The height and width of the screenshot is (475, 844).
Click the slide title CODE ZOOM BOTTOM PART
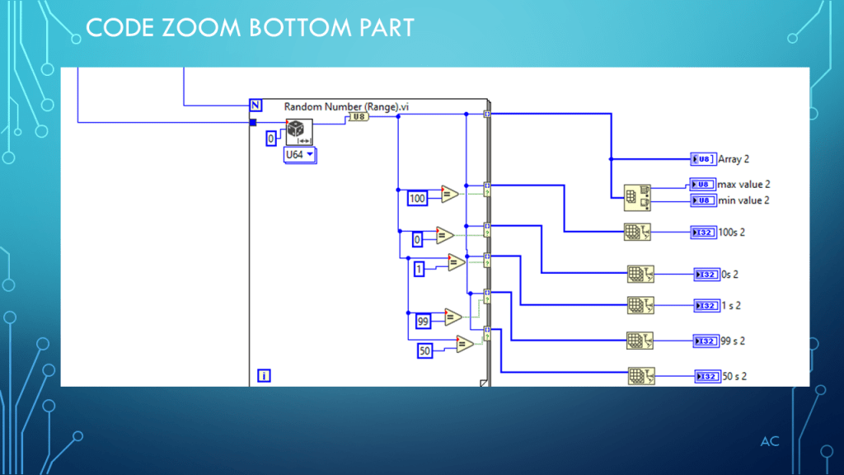click(x=250, y=28)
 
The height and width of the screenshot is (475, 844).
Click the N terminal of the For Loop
click(x=255, y=105)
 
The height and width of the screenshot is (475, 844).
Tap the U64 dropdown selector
click(x=299, y=154)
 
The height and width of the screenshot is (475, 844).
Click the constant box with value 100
click(x=418, y=198)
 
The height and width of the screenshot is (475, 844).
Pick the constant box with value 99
click(x=424, y=321)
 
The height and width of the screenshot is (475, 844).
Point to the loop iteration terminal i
click(x=264, y=375)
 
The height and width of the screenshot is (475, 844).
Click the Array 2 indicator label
click(x=734, y=159)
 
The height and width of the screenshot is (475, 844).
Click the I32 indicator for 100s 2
click(x=703, y=233)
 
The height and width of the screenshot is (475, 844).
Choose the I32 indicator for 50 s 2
click(x=706, y=376)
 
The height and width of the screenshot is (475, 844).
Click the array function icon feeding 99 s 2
click(x=640, y=340)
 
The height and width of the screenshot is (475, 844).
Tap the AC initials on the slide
click(x=769, y=442)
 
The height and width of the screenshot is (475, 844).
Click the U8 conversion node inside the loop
click(x=358, y=117)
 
